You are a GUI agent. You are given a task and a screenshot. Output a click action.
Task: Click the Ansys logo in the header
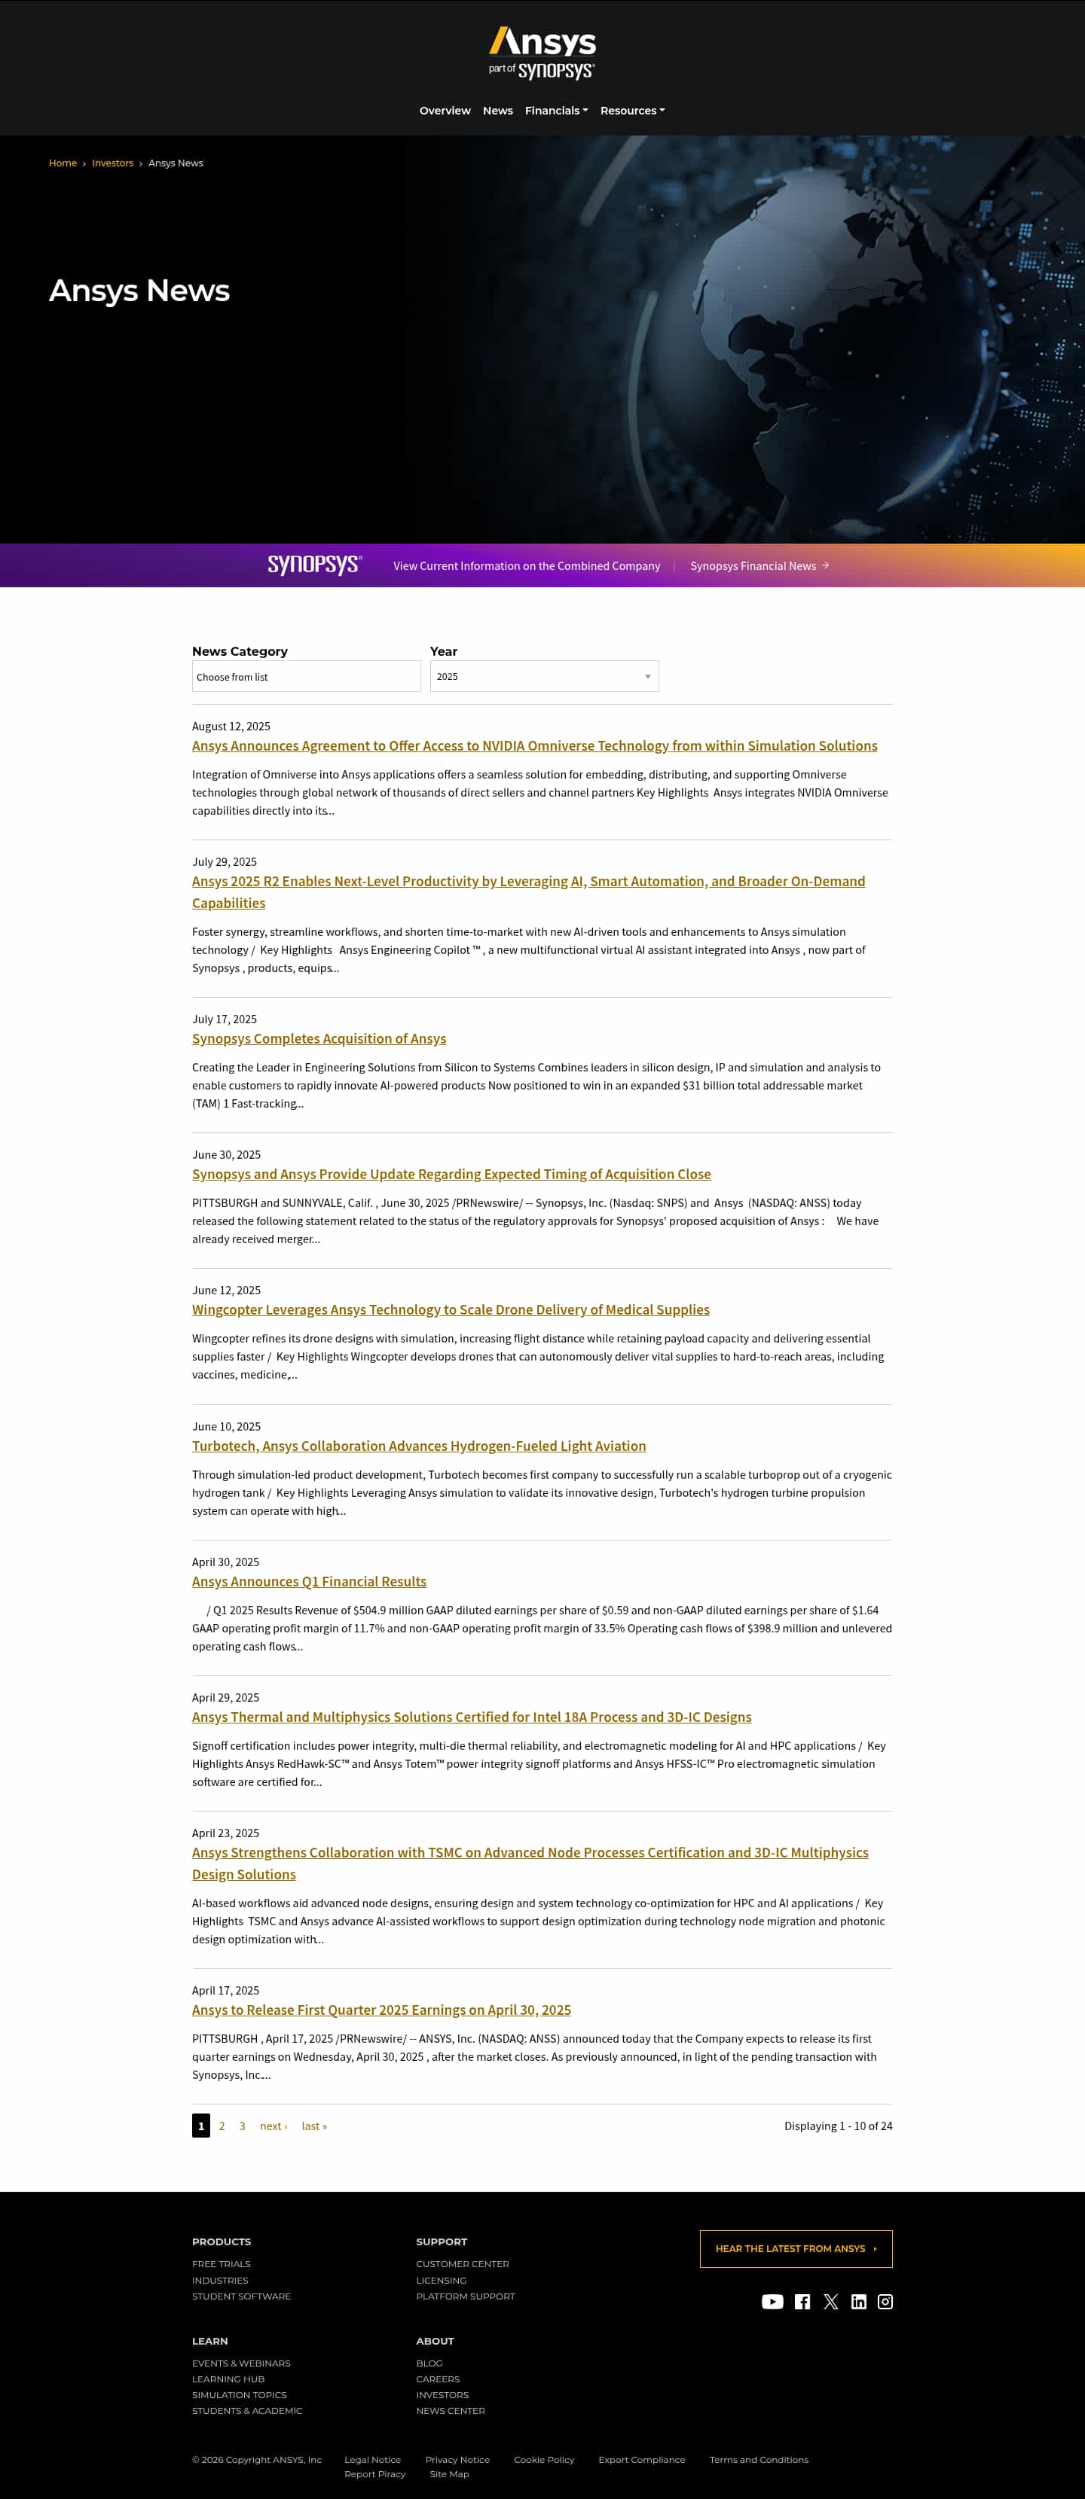pyautogui.click(x=542, y=53)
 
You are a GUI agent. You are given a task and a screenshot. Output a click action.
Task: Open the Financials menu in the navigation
pyautogui.click(x=555, y=111)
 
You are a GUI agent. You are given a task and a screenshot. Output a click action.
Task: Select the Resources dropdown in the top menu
pyautogui.click(x=631, y=111)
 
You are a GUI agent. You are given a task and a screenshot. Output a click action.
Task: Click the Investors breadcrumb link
pyautogui.click(x=112, y=163)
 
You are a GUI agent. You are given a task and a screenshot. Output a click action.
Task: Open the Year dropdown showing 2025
pyautogui.click(x=543, y=676)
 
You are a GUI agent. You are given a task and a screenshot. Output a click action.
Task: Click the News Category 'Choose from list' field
pyautogui.click(x=306, y=676)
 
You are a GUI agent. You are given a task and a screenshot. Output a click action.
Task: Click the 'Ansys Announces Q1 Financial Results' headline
pyautogui.click(x=309, y=1581)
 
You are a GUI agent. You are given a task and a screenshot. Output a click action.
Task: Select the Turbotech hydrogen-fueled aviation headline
pyautogui.click(x=418, y=1446)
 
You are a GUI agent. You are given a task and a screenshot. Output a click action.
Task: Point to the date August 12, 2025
pyautogui.click(x=231, y=726)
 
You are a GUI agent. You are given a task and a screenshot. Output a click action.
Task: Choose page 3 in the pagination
pyautogui.click(x=242, y=2126)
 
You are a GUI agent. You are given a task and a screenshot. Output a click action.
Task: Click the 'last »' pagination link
pyautogui.click(x=313, y=2126)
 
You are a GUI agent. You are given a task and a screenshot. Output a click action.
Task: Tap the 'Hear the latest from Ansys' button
pyautogui.click(x=795, y=2249)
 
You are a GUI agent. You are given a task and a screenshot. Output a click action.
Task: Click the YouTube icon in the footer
pyautogui.click(x=772, y=2302)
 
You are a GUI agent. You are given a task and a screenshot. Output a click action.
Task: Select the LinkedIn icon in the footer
pyautogui.click(x=858, y=2302)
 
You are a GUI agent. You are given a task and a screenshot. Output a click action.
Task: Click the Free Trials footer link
pyautogui.click(x=222, y=2263)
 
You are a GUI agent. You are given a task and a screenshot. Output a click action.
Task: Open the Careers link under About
pyautogui.click(x=438, y=2379)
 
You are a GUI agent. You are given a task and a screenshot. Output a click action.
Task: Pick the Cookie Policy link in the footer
pyautogui.click(x=543, y=2459)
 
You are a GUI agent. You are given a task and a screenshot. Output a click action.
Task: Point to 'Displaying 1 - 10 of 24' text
pyautogui.click(x=838, y=2126)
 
